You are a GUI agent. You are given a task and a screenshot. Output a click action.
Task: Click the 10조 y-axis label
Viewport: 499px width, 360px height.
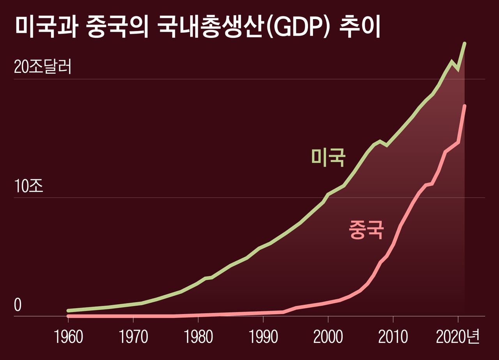(29, 186)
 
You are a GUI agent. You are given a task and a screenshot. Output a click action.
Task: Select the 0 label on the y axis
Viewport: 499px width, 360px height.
(18, 306)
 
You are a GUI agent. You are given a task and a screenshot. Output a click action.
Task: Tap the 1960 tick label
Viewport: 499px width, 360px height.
(69, 337)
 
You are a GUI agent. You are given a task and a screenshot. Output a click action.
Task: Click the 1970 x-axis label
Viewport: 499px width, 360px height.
(133, 337)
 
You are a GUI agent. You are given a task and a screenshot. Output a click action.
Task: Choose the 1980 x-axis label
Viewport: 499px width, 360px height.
(198, 337)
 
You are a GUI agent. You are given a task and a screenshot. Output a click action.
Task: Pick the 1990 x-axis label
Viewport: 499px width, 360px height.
(263, 337)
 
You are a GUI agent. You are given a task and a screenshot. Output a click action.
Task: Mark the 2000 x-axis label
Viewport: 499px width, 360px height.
(328, 337)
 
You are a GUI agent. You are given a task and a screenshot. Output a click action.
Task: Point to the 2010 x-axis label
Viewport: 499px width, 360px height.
(393, 337)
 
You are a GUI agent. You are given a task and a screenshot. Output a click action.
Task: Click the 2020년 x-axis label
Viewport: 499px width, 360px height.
(457, 337)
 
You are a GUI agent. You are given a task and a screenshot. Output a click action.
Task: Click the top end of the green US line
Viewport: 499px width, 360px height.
(465, 43)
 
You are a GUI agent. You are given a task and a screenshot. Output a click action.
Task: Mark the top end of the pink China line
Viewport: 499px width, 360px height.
(465, 106)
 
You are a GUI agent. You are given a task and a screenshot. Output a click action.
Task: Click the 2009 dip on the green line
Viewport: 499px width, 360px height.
(386, 145)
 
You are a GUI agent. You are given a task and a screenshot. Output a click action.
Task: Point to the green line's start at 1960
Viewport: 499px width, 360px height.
(68, 311)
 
